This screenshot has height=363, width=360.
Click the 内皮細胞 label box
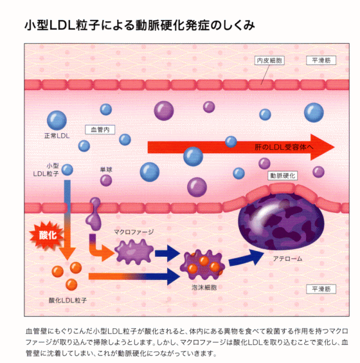click(x=269, y=60)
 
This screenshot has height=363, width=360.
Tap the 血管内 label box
click(x=100, y=129)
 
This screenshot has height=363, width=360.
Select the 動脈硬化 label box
click(x=283, y=176)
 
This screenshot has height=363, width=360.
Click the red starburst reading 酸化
click(x=47, y=235)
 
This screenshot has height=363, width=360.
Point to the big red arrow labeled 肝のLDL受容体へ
click(x=241, y=147)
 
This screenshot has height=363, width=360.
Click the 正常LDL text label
click(x=57, y=136)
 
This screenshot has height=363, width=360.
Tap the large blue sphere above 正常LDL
click(x=57, y=120)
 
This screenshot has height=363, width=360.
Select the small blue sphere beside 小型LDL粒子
click(x=67, y=170)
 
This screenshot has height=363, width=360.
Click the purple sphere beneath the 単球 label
click(x=106, y=180)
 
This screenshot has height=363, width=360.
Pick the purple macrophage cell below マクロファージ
click(x=134, y=252)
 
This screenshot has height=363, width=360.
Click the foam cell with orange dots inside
click(x=203, y=265)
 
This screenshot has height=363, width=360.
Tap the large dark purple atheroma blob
click(x=281, y=221)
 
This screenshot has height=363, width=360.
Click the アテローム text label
click(x=287, y=259)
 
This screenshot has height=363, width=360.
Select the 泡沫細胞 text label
click(x=204, y=288)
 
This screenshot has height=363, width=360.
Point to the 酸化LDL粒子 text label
click(x=67, y=301)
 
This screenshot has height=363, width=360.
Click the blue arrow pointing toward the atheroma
click(x=246, y=258)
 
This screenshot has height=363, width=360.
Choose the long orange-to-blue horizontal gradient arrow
click(x=134, y=276)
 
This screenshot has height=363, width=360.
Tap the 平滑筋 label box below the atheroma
click(x=321, y=289)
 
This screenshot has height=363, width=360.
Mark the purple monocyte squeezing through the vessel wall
click(x=94, y=214)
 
